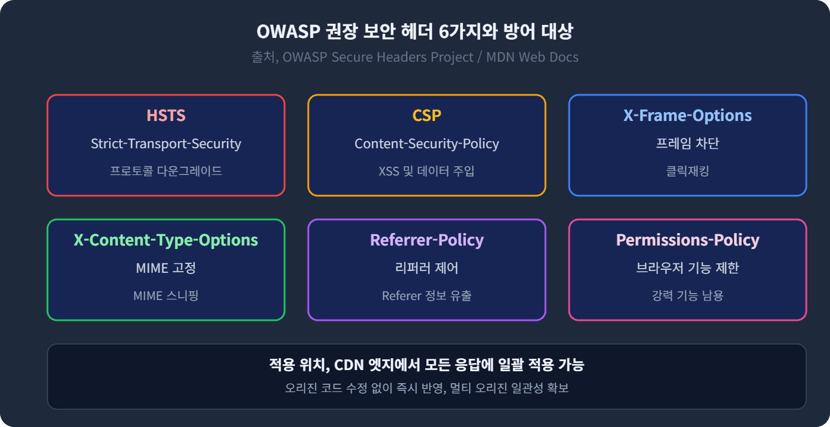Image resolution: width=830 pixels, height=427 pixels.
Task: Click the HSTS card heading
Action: click(166, 116)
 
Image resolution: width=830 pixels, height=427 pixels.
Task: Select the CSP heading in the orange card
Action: click(427, 116)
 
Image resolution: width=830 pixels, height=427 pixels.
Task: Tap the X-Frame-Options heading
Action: click(688, 116)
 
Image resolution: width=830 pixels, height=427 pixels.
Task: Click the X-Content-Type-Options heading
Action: click(166, 240)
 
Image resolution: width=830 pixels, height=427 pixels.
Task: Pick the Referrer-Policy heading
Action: click(427, 240)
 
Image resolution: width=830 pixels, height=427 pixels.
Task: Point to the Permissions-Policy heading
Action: click(688, 240)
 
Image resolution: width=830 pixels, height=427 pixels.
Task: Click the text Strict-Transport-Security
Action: click(166, 144)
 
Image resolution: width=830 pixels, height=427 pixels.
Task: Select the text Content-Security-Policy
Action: click(427, 144)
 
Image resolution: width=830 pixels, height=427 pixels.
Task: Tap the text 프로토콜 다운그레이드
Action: click(166, 171)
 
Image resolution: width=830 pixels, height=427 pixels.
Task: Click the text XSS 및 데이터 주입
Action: click(427, 171)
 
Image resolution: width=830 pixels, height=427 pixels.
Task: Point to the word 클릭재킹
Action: click(688, 171)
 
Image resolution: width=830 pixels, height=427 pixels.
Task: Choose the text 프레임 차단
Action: click(688, 144)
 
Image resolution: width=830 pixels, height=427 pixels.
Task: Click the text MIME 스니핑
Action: click(166, 295)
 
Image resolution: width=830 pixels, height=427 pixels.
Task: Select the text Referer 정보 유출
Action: click(427, 295)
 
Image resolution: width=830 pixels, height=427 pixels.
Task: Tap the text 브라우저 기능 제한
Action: click(688, 268)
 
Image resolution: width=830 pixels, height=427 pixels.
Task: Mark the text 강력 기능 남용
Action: click(688, 295)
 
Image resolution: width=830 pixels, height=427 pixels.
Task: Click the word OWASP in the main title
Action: click(288, 31)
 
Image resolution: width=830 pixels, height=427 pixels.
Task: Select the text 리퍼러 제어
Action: click(427, 268)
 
